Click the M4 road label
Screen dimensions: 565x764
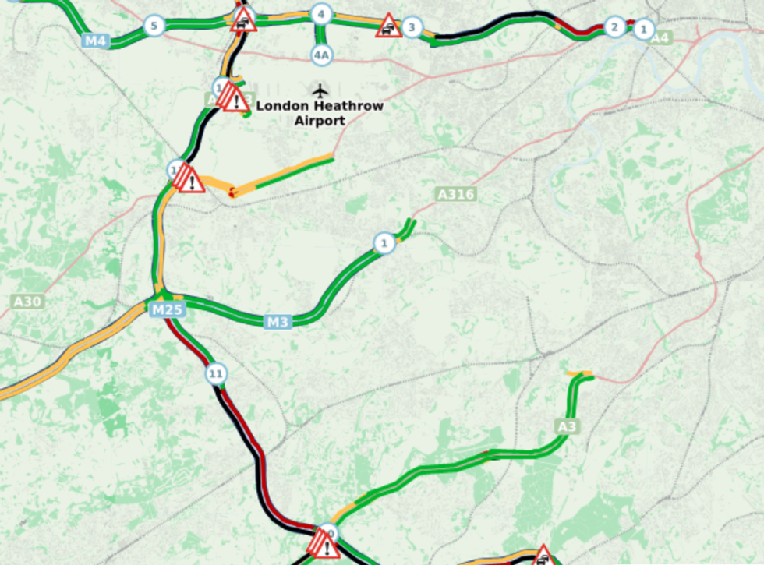[94, 41]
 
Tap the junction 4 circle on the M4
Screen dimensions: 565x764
[320, 14]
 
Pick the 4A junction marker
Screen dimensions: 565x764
[321, 54]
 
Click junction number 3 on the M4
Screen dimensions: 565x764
[412, 27]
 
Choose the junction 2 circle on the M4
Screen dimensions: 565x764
[614, 27]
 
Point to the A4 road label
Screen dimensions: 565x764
[660, 37]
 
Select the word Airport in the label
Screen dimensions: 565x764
[320, 121]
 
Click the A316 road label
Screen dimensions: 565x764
[455, 194]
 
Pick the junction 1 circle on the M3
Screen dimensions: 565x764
[383, 243]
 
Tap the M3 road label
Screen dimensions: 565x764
[278, 321]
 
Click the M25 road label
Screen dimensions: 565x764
[166, 310]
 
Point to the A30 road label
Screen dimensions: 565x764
[27, 302]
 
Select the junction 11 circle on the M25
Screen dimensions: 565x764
[216, 375]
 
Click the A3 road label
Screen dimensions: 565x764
[568, 426]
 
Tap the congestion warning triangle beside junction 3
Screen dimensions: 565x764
[387, 26]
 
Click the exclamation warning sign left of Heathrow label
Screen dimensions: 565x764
[234, 99]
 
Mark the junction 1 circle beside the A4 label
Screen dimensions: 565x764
[643, 30]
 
